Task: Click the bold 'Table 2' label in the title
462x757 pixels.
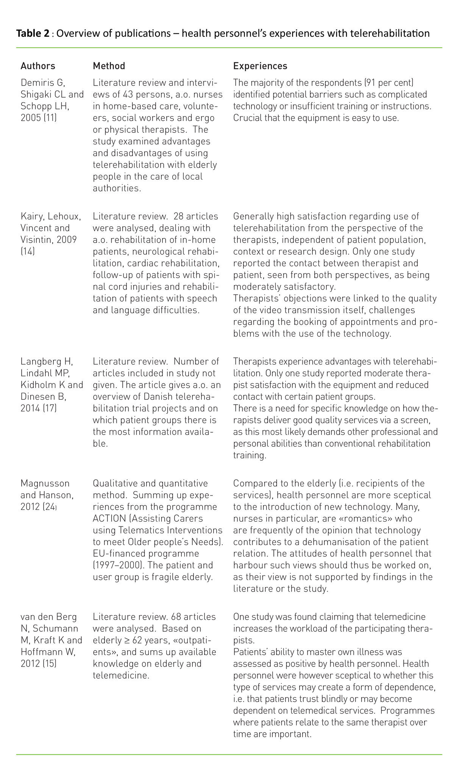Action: click(33, 34)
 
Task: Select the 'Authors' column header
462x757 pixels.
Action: click(38, 66)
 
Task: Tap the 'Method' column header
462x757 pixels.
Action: click(109, 66)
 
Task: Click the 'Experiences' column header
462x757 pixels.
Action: click(260, 66)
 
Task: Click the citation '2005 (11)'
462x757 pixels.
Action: click(39, 118)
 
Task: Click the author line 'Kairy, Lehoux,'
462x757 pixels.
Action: click(51, 217)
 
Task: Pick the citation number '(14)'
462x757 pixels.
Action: click(28, 252)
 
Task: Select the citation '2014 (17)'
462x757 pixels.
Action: click(39, 408)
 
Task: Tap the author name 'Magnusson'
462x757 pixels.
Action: click(45, 483)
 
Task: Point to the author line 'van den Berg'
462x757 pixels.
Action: click(49, 617)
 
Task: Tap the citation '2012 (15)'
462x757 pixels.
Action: click(39, 664)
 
